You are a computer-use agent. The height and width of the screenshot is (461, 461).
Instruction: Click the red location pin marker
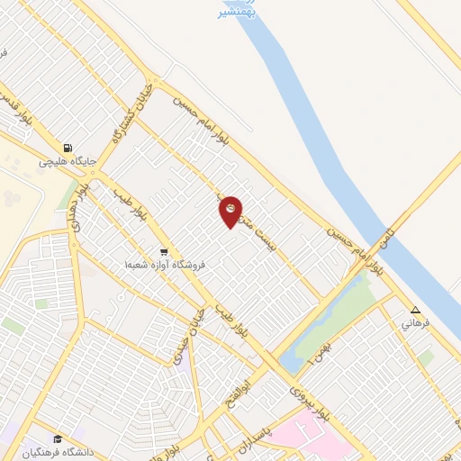[x=230, y=211]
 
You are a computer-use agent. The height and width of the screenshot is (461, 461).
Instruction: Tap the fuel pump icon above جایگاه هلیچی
[x=67, y=149]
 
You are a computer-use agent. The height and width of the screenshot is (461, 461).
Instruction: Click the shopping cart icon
[x=163, y=252]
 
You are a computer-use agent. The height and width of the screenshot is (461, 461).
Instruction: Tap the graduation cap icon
[x=57, y=438]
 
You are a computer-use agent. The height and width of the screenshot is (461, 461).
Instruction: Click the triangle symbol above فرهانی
[x=415, y=309]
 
